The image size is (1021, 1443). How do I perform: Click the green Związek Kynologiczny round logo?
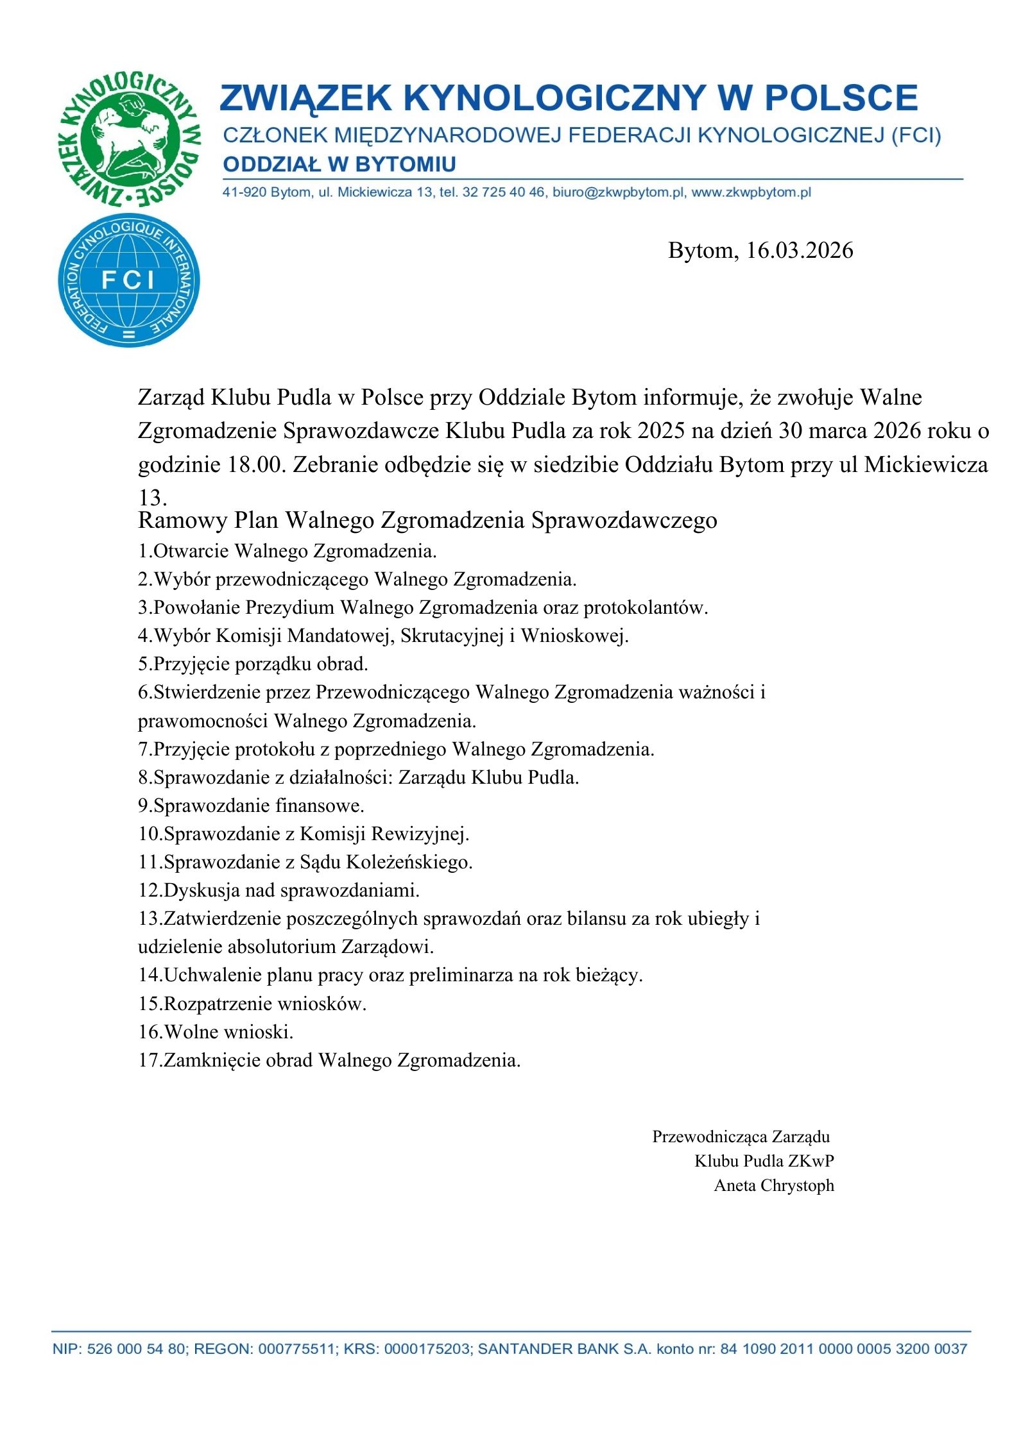[128, 139]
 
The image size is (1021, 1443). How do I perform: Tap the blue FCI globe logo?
[128, 280]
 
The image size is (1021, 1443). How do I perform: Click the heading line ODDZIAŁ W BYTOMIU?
[339, 164]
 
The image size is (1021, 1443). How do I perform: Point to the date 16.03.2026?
[799, 250]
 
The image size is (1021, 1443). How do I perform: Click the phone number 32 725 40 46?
[503, 192]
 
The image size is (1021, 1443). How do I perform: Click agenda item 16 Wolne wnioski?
[216, 1032]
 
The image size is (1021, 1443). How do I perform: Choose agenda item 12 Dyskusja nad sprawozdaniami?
[279, 890]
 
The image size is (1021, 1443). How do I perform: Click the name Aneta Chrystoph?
[773, 1185]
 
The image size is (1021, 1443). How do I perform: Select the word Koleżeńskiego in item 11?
[409, 862]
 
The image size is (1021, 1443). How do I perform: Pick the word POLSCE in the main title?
[841, 97]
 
